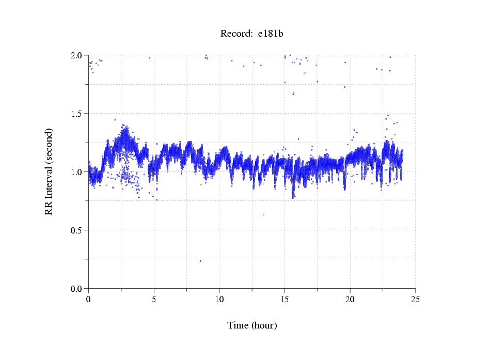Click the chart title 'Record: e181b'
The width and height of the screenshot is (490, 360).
[252, 34]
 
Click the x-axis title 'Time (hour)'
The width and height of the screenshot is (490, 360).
[252, 325]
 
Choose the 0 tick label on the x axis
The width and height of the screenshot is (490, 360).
[88, 299]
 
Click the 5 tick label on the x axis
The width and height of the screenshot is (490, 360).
[154, 299]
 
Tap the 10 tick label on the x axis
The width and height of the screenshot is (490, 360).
[219, 299]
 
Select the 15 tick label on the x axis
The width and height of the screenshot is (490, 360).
[284, 299]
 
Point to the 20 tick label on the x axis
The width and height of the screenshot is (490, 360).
[350, 299]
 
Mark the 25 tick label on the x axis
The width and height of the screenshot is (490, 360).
[415, 299]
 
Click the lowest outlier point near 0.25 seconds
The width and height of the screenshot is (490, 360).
[200, 261]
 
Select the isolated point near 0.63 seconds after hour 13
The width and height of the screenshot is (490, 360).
[263, 214]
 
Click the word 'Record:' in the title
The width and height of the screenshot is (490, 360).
[236, 34]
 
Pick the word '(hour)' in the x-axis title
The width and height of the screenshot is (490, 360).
[264, 325]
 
